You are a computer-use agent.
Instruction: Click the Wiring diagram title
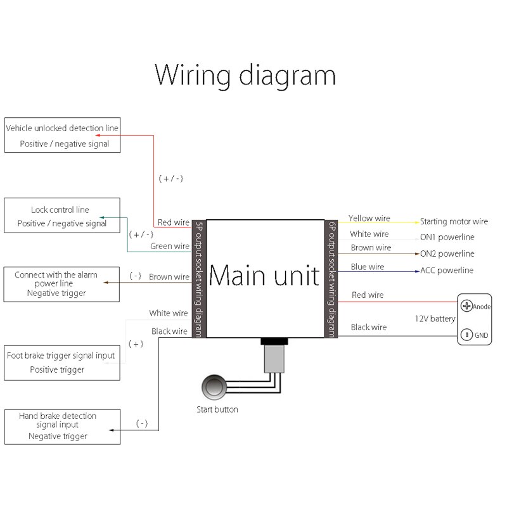click(245, 75)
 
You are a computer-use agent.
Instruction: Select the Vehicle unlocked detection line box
click(62, 135)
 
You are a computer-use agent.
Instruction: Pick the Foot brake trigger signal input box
click(62, 363)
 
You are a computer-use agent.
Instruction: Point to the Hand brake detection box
click(62, 427)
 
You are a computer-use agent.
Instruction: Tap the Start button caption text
click(217, 409)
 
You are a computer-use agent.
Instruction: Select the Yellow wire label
click(369, 219)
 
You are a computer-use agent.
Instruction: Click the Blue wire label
click(368, 267)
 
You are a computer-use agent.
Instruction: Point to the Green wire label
click(170, 246)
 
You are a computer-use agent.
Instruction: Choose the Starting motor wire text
click(454, 222)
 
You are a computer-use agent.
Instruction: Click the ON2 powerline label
click(447, 253)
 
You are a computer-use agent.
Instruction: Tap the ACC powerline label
click(447, 271)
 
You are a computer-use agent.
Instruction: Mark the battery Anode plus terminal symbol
click(467, 306)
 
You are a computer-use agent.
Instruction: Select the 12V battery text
click(435, 319)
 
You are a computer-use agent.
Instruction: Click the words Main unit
click(264, 276)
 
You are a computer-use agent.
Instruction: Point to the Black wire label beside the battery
click(368, 327)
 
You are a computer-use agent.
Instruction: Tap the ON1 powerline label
click(447, 237)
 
